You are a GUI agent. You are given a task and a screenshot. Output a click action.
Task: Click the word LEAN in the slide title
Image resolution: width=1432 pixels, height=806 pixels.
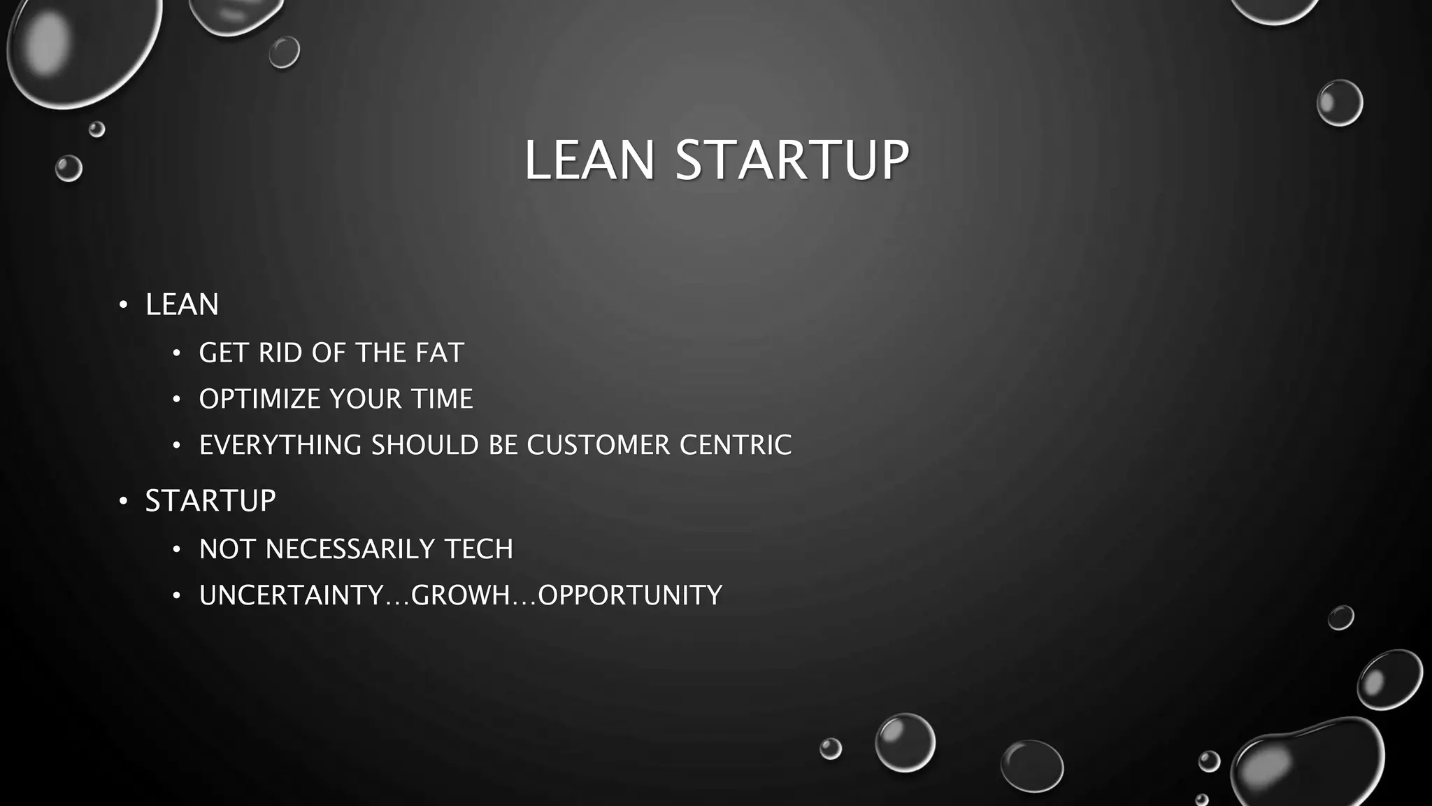tap(589, 160)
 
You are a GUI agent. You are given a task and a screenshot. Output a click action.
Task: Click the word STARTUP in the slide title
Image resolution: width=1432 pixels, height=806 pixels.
tap(792, 160)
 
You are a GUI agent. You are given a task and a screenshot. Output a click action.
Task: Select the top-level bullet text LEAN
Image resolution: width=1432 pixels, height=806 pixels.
tap(182, 304)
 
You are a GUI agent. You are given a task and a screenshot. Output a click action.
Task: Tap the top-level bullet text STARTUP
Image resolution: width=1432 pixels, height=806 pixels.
tap(210, 501)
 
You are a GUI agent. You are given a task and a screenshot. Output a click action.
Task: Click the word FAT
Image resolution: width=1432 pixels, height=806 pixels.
tap(439, 353)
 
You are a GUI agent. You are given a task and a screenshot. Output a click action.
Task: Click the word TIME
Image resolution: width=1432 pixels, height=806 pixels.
tap(442, 399)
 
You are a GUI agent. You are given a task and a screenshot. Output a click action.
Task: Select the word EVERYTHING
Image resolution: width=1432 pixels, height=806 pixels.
tap(280, 445)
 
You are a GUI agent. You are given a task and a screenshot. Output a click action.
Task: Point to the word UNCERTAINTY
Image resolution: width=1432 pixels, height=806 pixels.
tap(292, 595)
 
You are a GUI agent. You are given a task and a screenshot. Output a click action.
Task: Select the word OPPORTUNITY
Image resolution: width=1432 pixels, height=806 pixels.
tap(629, 595)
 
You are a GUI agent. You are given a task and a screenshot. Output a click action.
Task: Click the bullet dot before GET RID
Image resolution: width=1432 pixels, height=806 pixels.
tap(177, 353)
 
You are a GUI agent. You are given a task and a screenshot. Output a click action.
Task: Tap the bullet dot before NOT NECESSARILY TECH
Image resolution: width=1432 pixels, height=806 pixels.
tap(177, 550)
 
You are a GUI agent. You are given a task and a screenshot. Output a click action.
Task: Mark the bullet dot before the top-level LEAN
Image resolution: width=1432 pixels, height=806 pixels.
tap(123, 305)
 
